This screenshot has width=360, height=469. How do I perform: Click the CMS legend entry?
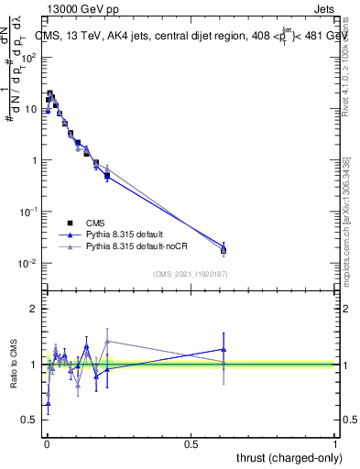coord(93,223)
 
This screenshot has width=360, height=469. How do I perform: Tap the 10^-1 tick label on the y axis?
coord(29,212)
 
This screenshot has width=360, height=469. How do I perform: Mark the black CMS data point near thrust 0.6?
coord(224,250)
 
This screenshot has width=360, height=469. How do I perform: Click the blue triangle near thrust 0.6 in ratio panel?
coord(224,349)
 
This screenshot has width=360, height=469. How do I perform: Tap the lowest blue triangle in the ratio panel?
coord(48,403)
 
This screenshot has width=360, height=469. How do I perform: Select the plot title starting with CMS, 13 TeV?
coord(191,37)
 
